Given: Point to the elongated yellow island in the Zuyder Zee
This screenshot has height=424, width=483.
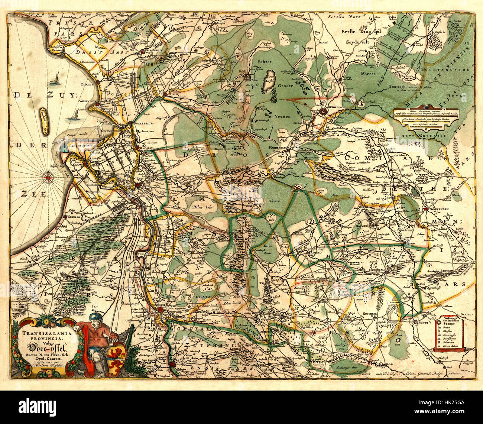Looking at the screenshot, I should click(x=44, y=122).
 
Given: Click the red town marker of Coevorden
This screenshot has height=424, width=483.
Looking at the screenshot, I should click(x=324, y=111).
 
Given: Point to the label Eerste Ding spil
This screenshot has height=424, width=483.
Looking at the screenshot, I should click(x=356, y=32).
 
